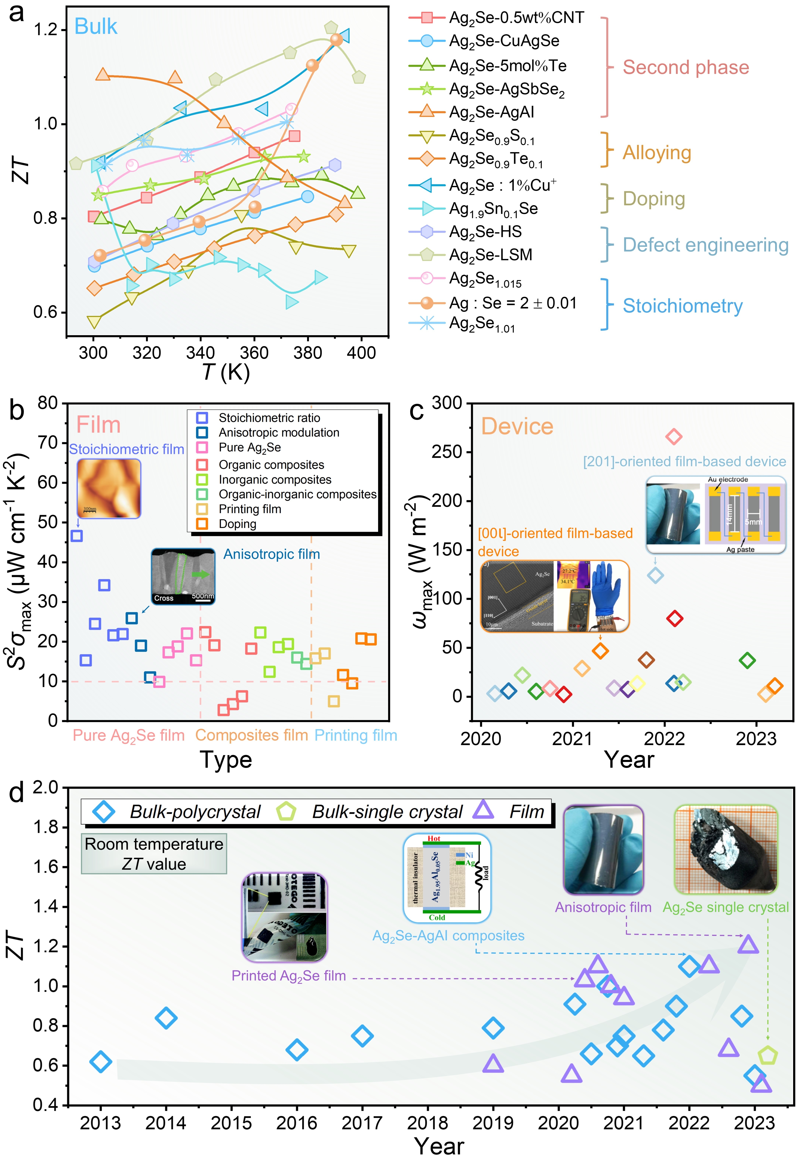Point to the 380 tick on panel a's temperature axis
pos(307,353)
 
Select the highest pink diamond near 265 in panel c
pos(674,437)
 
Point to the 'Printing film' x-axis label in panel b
pos(356,735)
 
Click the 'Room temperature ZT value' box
pos(154,854)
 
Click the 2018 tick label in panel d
pos(428,1123)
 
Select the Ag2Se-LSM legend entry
pos(490,255)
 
